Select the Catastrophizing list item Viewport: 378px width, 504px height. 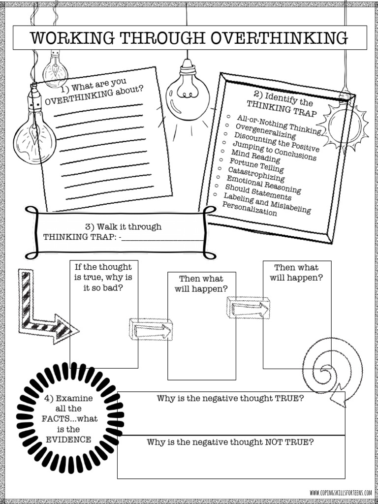(256, 174)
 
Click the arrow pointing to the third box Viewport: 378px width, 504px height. (249, 308)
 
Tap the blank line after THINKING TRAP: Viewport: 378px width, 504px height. (162, 238)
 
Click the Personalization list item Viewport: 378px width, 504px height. (250, 209)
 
